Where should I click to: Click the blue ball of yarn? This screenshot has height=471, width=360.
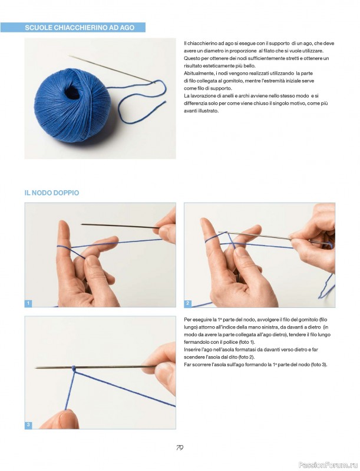pyautogui.click(x=72, y=105)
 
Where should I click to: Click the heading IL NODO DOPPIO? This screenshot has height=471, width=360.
pyautogui.click(x=52, y=193)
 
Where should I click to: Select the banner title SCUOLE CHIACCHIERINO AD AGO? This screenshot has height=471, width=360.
pyautogui.click(x=80, y=28)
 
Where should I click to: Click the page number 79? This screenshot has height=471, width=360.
pyautogui.click(x=180, y=447)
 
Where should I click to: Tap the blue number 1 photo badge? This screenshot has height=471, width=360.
pyautogui.click(x=28, y=303)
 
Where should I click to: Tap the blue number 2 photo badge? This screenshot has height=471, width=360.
pyautogui.click(x=187, y=303)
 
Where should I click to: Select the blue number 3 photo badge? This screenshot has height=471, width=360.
pyautogui.click(x=28, y=424)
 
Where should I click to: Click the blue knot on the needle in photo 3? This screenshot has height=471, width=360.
pyautogui.click(x=73, y=369)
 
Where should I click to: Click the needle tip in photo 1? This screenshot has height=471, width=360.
pyautogui.click(x=82, y=224)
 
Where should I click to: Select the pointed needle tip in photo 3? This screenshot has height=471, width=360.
pyautogui.click(x=36, y=367)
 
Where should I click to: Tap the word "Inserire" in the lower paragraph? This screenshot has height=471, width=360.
pyautogui.click(x=193, y=350)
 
